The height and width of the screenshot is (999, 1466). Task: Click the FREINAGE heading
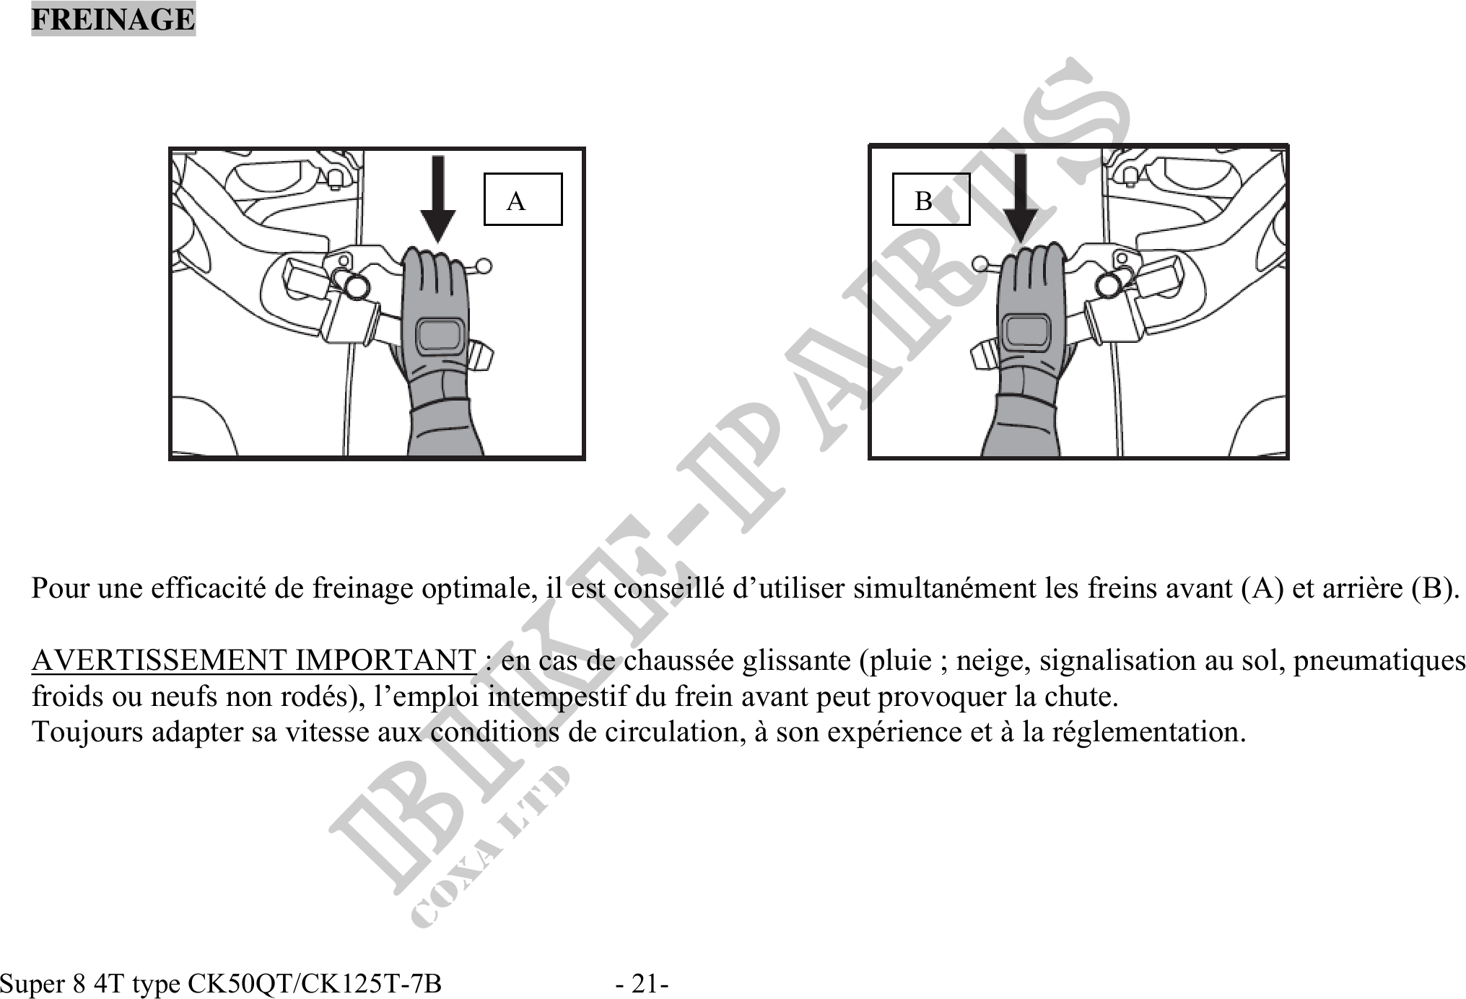click(x=113, y=19)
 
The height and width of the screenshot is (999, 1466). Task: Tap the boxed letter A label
click(x=523, y=199)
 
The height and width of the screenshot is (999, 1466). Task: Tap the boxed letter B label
click(x=931, y=199)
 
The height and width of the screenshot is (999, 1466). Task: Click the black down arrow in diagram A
click(x=437, y=199)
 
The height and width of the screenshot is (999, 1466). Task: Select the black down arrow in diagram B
click(x=1020, y=199)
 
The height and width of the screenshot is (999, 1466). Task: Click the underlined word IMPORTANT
click(x=385, y=660)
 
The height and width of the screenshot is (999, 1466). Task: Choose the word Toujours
click(x=87, y=732)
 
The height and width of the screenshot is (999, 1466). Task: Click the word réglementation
click(x=1148, y=732)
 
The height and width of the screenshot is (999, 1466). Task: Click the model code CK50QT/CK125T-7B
click(x=315, y=983)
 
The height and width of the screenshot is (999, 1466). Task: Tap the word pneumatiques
click(x=1379, y=661)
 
